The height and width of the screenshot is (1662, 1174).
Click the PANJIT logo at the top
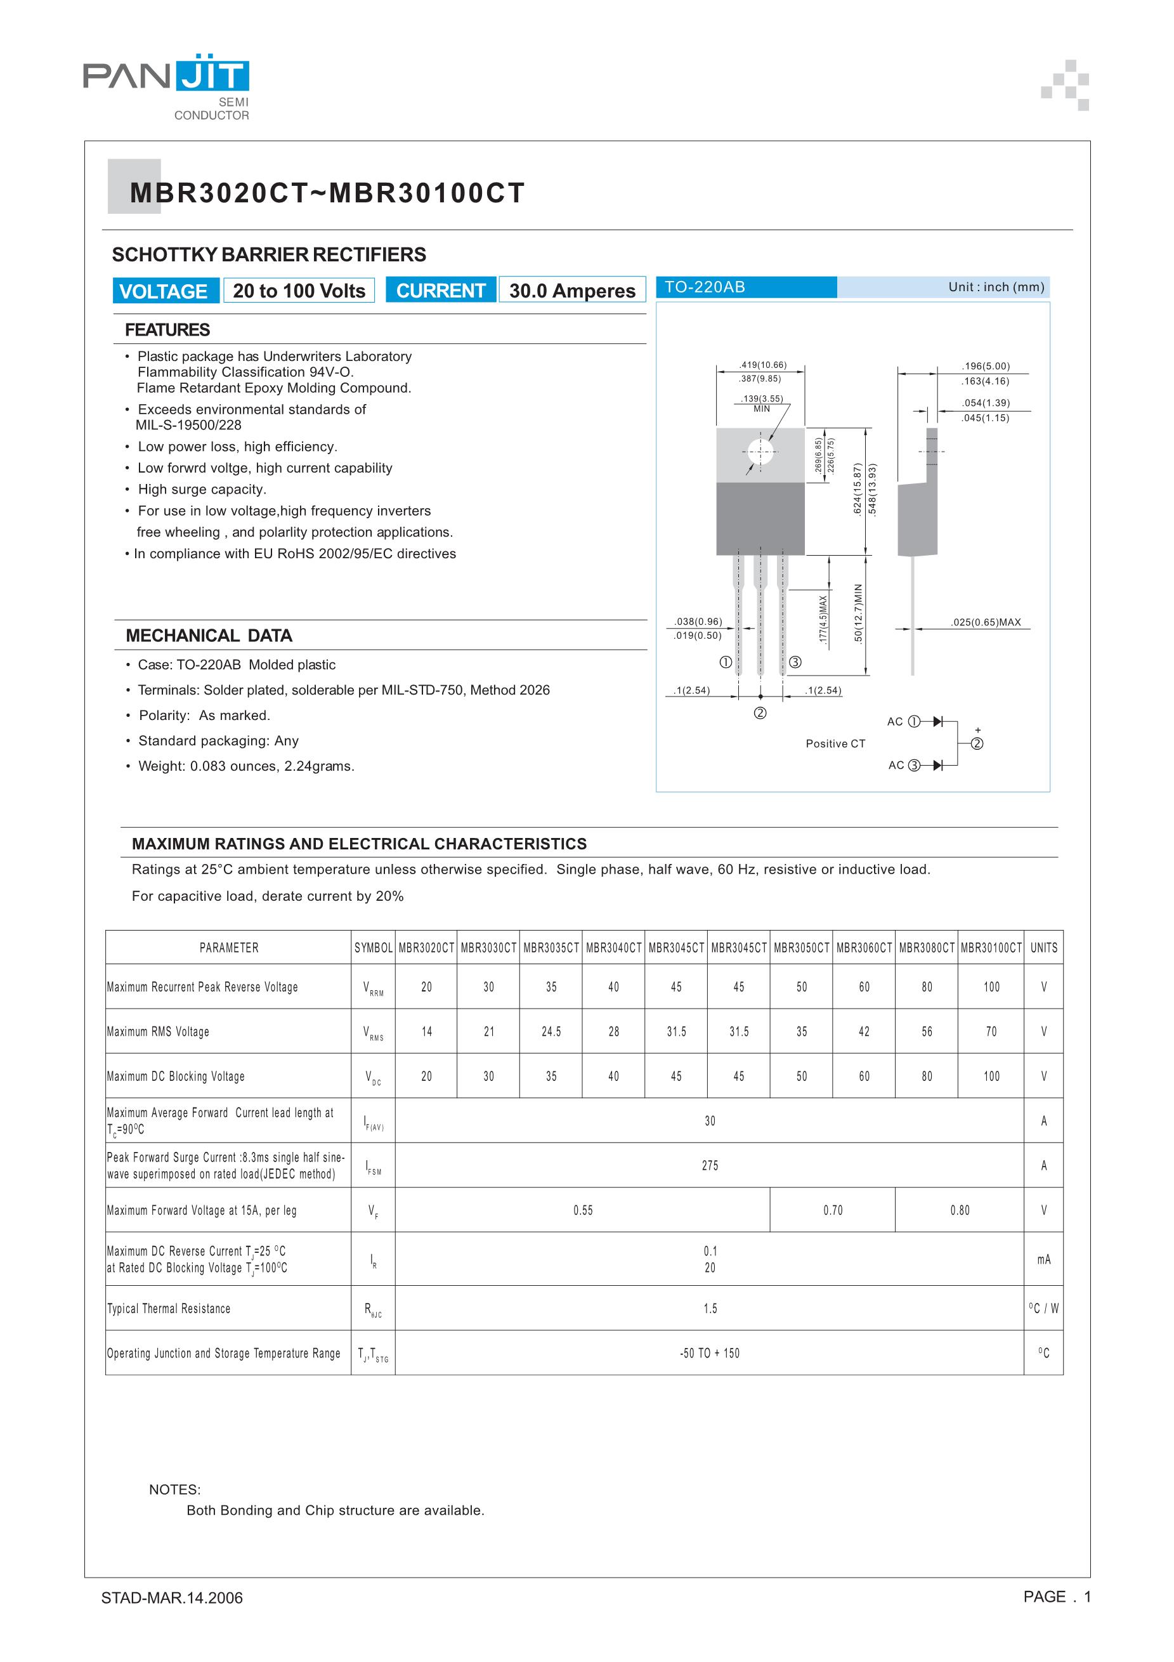(166, 75)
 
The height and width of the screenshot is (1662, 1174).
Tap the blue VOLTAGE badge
(166, 291)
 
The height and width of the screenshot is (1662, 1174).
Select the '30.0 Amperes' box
(572, 291)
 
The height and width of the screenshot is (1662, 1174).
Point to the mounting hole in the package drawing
(760, 452)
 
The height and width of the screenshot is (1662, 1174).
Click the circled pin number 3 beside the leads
(795, 662)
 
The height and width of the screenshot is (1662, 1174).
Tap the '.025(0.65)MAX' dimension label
(985, 622)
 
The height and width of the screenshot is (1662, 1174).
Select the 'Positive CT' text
(835, 743)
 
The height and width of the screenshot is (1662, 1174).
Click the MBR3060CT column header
(864, 948)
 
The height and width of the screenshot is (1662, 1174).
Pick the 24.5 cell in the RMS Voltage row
(552, 1031)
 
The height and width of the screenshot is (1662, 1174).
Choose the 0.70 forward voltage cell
(832, 1210)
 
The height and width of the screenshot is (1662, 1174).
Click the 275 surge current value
(710, 1165)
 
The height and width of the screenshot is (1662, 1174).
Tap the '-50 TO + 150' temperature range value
(710, 1354)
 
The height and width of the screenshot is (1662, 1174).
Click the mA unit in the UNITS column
(1044, 1260)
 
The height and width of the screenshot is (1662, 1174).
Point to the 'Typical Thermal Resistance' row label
(169, 1309)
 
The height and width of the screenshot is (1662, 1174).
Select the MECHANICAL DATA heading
(209, 636)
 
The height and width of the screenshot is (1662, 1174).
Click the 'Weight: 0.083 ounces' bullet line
(246, 766)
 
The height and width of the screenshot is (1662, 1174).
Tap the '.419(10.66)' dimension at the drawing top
(762, 365)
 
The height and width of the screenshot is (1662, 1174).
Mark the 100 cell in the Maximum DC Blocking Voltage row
(991, 1076)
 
